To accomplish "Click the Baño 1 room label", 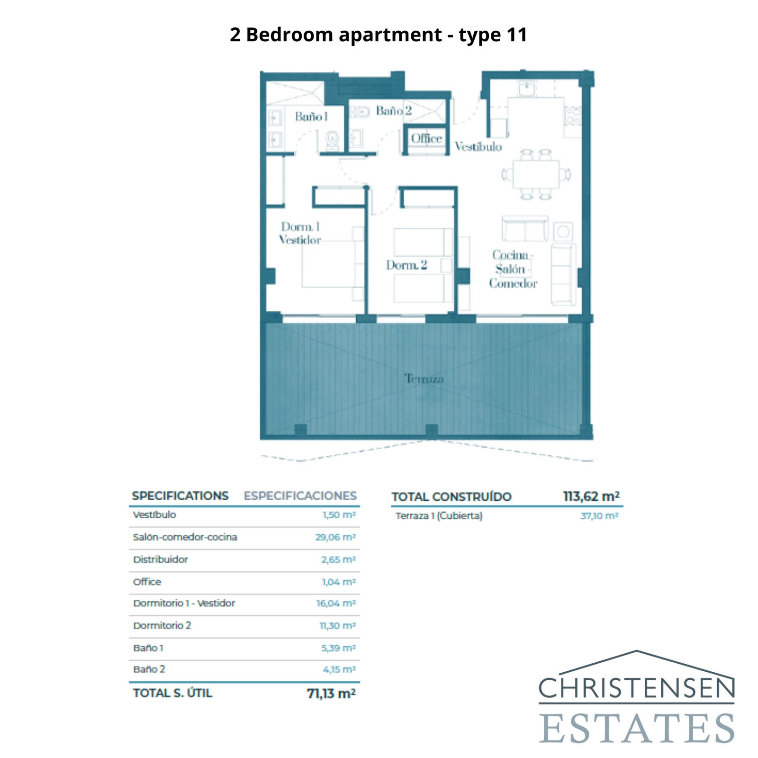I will click(311, 117).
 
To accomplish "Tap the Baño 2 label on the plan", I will click(394, 111).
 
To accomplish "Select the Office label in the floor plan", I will click(426, 138).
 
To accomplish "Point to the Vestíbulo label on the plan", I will click(478, 147).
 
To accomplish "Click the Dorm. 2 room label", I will click(406, 265).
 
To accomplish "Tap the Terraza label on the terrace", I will click(424, 379).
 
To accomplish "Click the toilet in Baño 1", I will click(333, 140).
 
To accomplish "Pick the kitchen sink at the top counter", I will click(526, 89).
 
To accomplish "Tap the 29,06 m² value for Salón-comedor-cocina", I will click(335, 537).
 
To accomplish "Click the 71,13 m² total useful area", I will click(331, 694).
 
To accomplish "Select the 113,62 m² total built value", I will click(591, 496).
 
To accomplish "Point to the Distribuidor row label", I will click(161, 559).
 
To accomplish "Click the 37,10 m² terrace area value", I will click(599, 516).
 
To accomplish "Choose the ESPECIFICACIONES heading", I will click(300, 496).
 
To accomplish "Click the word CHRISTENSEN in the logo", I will click(636, 688).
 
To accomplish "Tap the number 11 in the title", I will click(517, 35).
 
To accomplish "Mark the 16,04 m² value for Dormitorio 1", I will click(336, 604).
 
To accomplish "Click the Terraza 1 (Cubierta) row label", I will click(439, 516).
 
